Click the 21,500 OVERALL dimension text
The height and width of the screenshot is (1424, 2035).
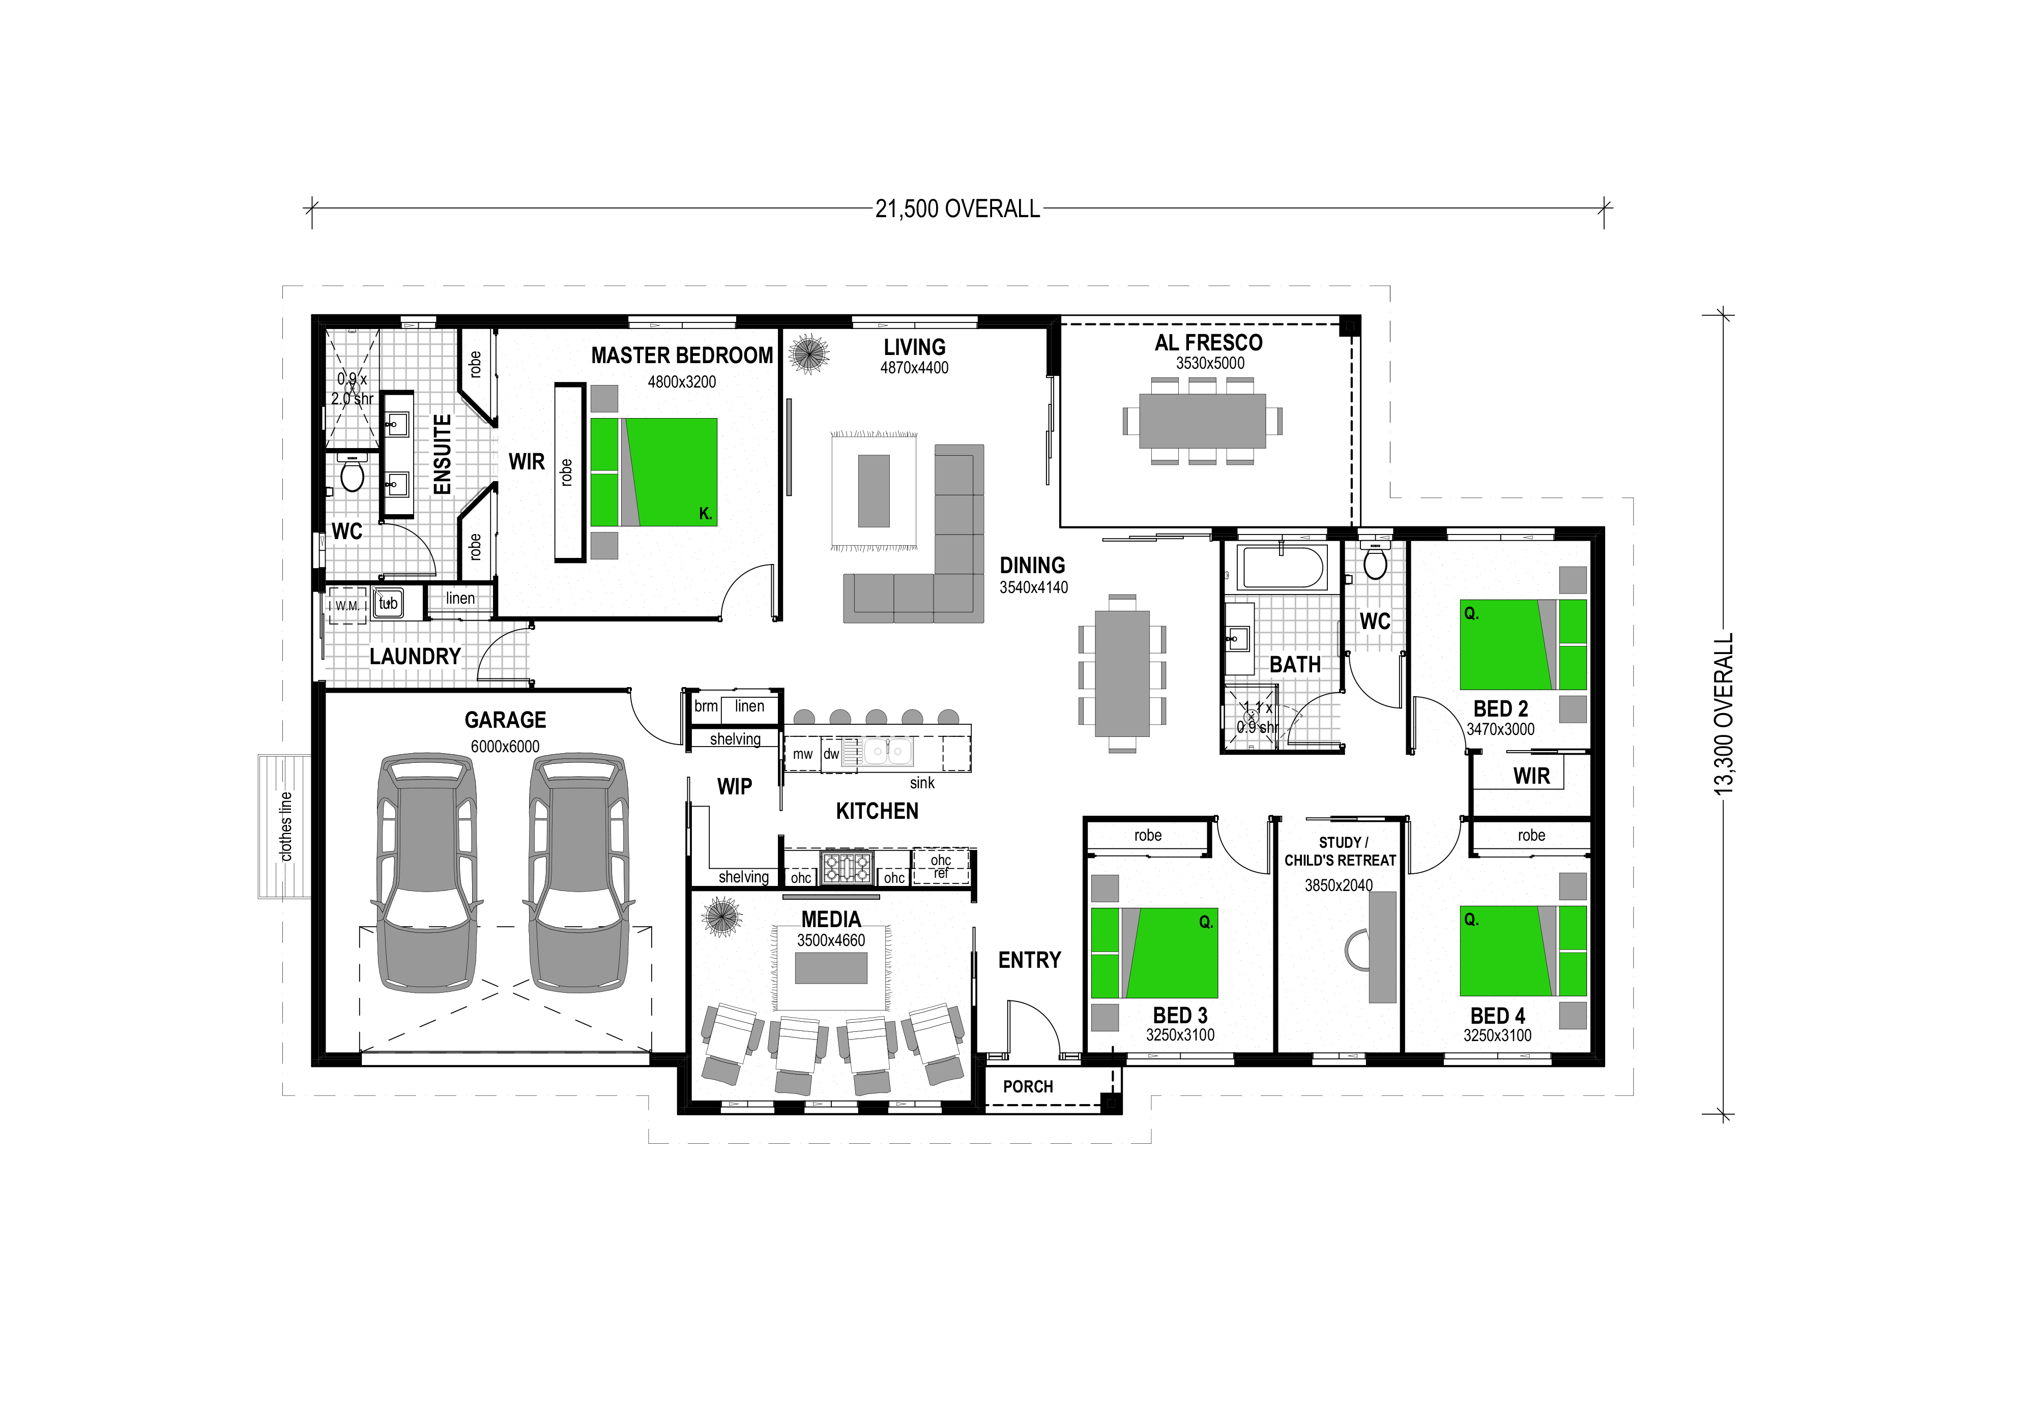click(x=957, y=209)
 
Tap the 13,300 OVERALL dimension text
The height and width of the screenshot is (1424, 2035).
click(x=1724, y=714)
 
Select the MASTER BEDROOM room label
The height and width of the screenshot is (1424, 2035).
click(x=682, y=356)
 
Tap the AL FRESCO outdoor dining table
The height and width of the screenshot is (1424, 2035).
click(x=1202, y=421)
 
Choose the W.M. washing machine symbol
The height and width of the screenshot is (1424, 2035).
click(x=347, y=606)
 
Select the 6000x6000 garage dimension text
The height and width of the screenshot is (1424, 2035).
click(x=505, y=747)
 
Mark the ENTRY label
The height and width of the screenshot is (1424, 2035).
click(x=1029, y=961)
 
